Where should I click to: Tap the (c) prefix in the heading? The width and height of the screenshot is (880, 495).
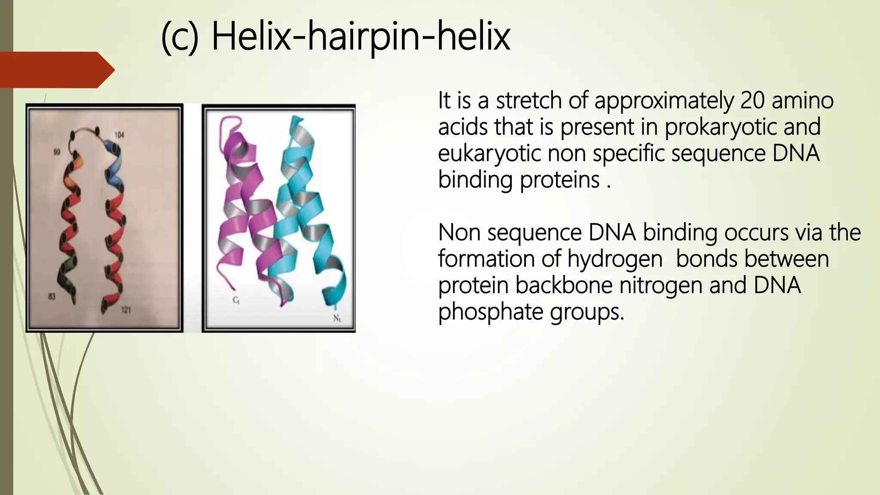click(x=180, y=38)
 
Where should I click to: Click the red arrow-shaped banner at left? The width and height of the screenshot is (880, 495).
click(x=56, y=70)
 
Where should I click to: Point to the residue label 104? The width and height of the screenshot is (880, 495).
click(x=119, y=135)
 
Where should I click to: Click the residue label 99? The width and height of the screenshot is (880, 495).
click(x=56, y=153)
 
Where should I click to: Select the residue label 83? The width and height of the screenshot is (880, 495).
click(x=52, y=296)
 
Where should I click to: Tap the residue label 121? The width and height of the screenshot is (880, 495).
click(x=125, y=310)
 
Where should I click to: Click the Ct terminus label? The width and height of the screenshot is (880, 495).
click(x=236, y=300)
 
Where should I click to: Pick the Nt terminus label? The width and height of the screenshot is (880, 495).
click(x=337, y=318)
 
